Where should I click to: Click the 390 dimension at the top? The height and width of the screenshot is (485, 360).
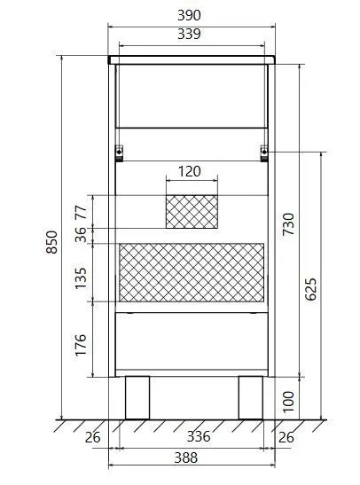(x=189, y=15)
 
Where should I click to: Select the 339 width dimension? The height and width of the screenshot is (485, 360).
(x=189, y=34)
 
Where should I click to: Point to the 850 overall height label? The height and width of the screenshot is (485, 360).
(x=51, y=242)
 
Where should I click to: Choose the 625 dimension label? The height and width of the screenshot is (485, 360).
(x=310, y=289)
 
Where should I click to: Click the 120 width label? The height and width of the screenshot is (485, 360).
(x=189, y=171)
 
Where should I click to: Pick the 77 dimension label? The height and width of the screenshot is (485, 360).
(x=81, y=212)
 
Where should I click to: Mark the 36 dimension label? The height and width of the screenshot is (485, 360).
(x=81, y=235)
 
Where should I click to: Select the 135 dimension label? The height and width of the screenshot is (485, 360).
(x=81, y=278)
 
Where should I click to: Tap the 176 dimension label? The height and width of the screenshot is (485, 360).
(x=81, y=345)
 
